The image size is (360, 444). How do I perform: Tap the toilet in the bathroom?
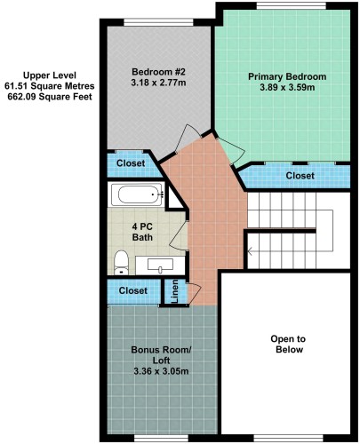121,263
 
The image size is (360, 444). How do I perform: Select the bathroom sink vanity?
160,266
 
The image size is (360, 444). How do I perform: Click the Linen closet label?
175,291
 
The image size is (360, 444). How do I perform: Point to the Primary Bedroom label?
287,76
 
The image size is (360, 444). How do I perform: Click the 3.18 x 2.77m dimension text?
158,83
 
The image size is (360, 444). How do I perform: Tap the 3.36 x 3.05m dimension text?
161,371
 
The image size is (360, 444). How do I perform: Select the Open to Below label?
288,345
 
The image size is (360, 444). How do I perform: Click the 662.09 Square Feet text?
50,97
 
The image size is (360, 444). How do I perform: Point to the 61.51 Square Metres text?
50,86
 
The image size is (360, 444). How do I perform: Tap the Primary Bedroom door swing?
231,151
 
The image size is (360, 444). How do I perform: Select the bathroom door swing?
179,235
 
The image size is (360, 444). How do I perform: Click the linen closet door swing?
194,293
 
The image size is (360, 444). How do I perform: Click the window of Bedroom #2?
158,22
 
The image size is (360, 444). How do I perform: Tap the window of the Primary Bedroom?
291,6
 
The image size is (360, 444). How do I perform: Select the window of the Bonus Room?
161,438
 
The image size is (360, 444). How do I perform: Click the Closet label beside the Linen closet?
133,290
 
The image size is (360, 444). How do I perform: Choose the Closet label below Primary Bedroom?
300,176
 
